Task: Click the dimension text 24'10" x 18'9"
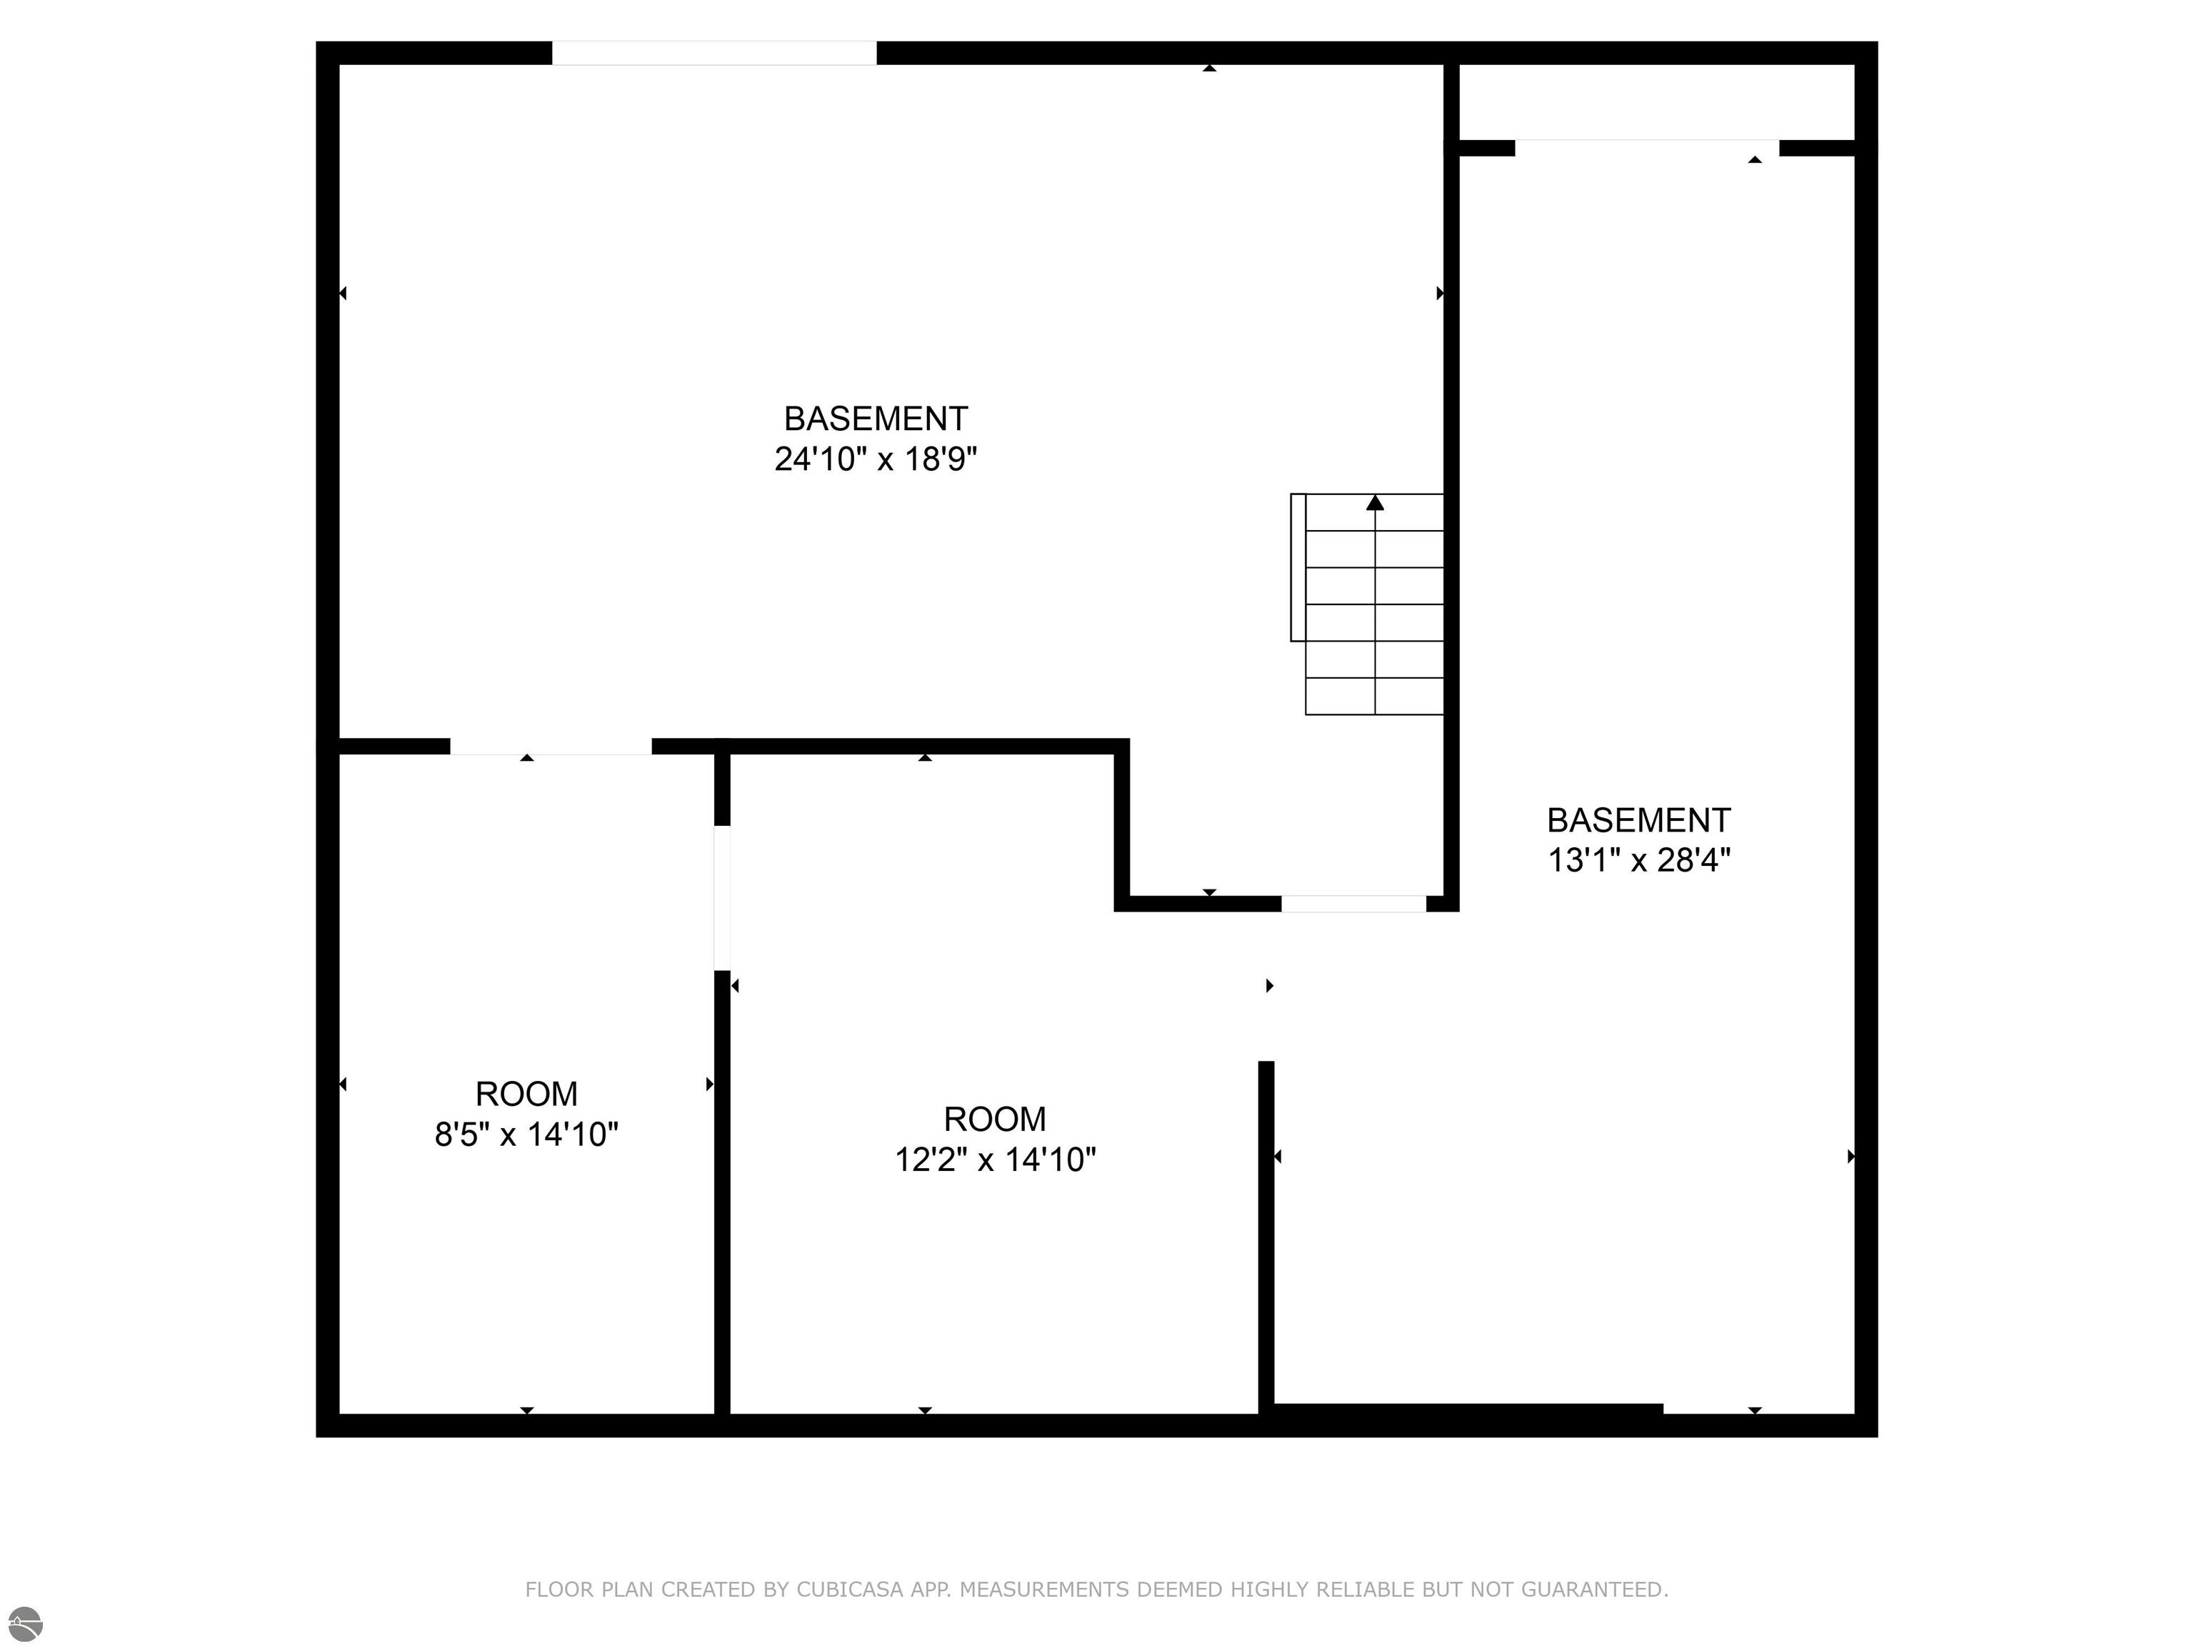876,459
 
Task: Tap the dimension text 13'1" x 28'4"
1638,859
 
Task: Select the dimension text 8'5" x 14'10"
526,1134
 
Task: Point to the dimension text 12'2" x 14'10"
995,1159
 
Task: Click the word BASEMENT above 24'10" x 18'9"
876,419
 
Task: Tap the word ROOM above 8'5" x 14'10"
526,1093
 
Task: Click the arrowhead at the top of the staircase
1375,503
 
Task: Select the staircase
1367,604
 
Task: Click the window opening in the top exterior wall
714,53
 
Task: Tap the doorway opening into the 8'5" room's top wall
551,746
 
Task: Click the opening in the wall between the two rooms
722,898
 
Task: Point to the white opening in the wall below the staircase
1354,903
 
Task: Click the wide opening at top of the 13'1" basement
1646,148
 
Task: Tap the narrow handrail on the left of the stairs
1298,567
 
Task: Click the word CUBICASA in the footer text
850,1590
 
